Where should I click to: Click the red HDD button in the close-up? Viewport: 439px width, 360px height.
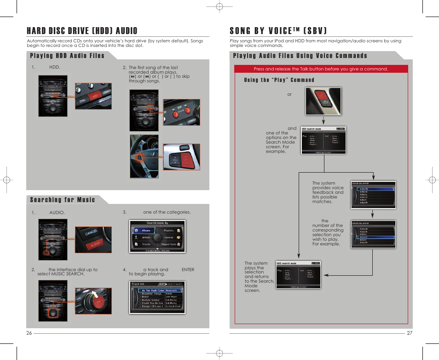point(96,95)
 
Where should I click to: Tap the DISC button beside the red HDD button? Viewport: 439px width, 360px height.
point(83,100)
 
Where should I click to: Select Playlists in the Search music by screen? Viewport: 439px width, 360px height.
point(169,230)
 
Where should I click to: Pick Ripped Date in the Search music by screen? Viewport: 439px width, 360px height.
point(170,244)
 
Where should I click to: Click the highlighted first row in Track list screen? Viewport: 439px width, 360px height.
point(156,290)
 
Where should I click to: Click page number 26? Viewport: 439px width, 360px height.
point(29,333)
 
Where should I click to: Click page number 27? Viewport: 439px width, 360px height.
point(410,333)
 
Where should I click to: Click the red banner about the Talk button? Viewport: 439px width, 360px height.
point(321,69)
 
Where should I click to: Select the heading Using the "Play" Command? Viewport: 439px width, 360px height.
point(279,80)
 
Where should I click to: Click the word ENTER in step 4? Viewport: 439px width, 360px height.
point(188,270)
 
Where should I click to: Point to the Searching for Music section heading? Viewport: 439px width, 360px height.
point(63,200)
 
